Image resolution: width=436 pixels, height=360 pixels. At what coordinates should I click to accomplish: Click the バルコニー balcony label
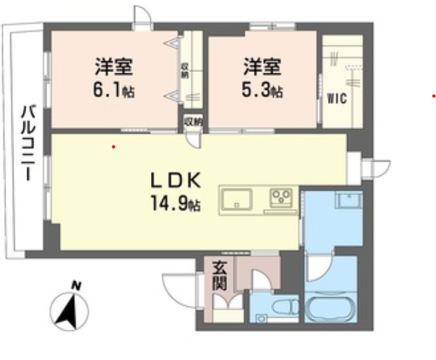29,141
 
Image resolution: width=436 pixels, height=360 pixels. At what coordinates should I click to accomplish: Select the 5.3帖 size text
263,91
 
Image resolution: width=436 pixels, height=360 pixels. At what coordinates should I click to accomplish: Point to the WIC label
337,100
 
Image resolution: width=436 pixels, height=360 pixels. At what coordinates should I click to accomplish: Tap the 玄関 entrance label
219,276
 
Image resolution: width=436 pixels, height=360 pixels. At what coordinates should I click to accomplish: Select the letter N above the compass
76,286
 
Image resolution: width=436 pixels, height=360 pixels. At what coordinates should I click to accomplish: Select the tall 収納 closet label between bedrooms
184,71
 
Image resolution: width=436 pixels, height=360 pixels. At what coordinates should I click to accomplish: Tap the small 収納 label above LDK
193,121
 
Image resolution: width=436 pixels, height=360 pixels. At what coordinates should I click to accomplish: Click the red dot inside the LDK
114,147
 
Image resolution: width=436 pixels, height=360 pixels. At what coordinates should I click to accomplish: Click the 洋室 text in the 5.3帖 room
262,68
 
